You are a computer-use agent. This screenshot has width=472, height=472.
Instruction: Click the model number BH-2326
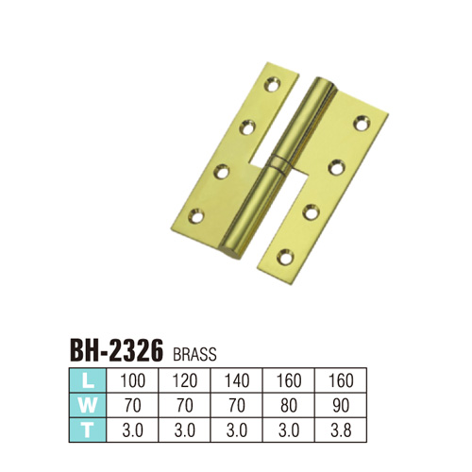(x=116, y=350)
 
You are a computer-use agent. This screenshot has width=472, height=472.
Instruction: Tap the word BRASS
(x=194, y=354)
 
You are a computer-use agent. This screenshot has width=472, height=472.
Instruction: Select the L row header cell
(x=88, y=380)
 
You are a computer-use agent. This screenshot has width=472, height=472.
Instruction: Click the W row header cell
(x=88, y=405)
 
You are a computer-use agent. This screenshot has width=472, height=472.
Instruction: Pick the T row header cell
(x=88, y=430)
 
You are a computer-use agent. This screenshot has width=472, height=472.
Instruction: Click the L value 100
(x=132, y=380)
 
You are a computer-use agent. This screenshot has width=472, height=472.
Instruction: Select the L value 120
(x=185, y=380)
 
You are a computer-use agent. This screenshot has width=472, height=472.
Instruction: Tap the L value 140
(x=237, y=380)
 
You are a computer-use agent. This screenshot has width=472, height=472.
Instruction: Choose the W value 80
(x=289, y=406)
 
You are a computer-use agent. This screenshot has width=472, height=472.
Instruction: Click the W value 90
(x=341, y=406)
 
